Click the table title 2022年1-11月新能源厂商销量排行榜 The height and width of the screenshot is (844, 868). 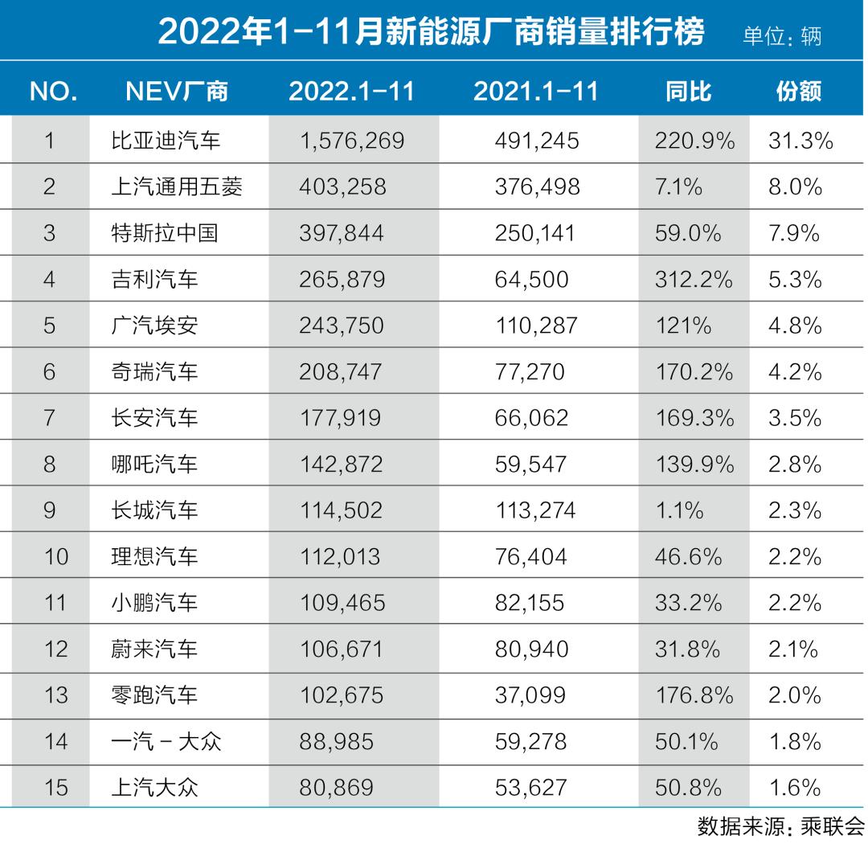click(431, 32)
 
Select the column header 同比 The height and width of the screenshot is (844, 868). click(689, 91)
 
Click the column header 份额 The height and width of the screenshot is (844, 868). click(799, 91)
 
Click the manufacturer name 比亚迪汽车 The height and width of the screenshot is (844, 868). click(166, 141)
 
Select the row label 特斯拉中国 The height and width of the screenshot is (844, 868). click(166, 234)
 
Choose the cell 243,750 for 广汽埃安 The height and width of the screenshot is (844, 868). click(341, 326)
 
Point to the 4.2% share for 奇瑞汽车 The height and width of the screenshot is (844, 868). click(795, 372)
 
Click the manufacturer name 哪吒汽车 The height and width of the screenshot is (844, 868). click(154, 465)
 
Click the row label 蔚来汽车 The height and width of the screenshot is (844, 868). click(154, 649)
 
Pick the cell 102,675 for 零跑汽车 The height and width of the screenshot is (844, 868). click(341, 694)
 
